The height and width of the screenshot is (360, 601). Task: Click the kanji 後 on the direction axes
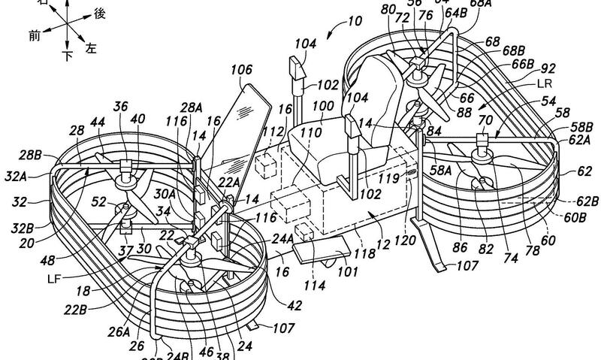[x=99, y=13]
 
